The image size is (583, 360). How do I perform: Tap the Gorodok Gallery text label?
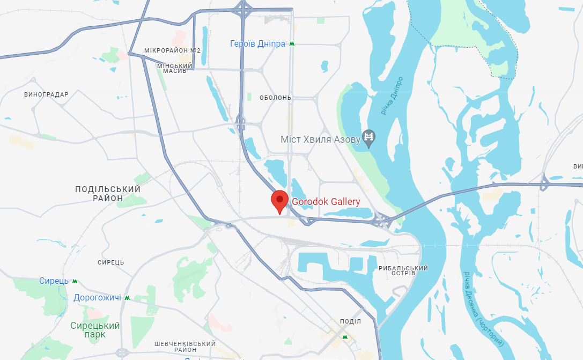[x=326, y=202]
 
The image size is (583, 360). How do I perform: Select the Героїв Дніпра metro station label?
[x=257, y=44]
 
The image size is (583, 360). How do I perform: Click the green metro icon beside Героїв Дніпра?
[x=292, y=44]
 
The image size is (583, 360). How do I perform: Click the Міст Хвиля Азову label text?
[x=320, y=139]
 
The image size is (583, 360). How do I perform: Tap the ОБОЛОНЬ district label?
[x=275, y=98]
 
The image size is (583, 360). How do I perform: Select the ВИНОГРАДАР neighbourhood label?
[x=47, y=94]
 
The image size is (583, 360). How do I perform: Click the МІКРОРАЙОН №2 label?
[x=172, y=50]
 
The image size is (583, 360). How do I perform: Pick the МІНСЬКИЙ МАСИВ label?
[x=175, y=68]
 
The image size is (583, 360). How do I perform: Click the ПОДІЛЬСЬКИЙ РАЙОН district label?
[x=108, y=194]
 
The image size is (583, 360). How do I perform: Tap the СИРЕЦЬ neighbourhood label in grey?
[x=111, y=262]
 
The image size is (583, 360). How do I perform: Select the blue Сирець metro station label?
[x=54, y=281]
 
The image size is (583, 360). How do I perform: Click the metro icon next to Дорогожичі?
[x=127, y=298]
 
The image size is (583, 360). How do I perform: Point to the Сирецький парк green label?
[x=95, y=330]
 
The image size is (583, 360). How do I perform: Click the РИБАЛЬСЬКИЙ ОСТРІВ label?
[x=403, y=270]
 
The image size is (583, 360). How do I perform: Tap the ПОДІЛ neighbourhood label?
[x=351, y=321]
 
